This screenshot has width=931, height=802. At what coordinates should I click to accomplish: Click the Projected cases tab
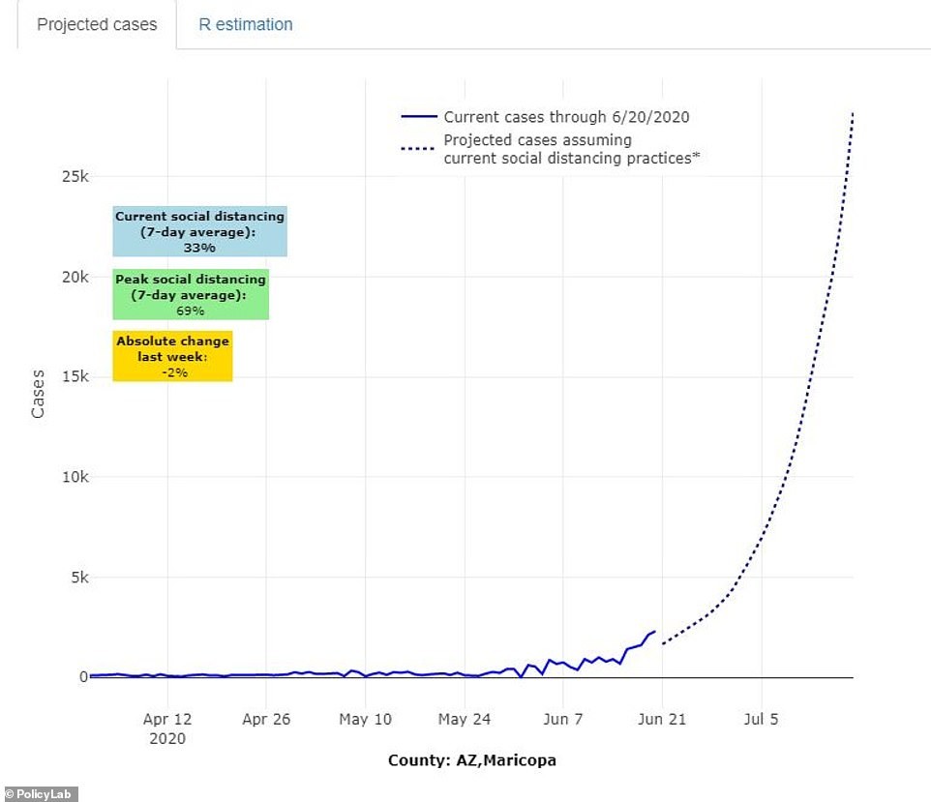pos(97,24)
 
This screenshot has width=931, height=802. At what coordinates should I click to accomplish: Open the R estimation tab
pos(246,24)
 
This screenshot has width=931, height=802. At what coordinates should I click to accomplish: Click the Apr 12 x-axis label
pos(167,719)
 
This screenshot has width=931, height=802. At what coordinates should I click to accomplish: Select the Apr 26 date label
pos(266,719)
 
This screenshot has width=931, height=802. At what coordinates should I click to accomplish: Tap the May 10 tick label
pos(366,719)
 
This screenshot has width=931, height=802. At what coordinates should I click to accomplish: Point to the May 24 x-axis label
pos(465,719)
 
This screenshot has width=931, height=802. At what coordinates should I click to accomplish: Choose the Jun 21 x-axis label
pos(662,719)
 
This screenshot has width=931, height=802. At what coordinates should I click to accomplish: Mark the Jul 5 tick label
pos(761,719)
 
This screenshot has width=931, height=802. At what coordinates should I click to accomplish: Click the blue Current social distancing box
pos(199,232)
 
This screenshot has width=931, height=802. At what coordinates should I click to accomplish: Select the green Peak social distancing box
pos(190,294)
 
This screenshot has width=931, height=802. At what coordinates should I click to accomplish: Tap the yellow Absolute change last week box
pos(172,356)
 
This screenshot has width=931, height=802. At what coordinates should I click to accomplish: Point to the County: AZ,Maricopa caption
pos(472,760)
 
